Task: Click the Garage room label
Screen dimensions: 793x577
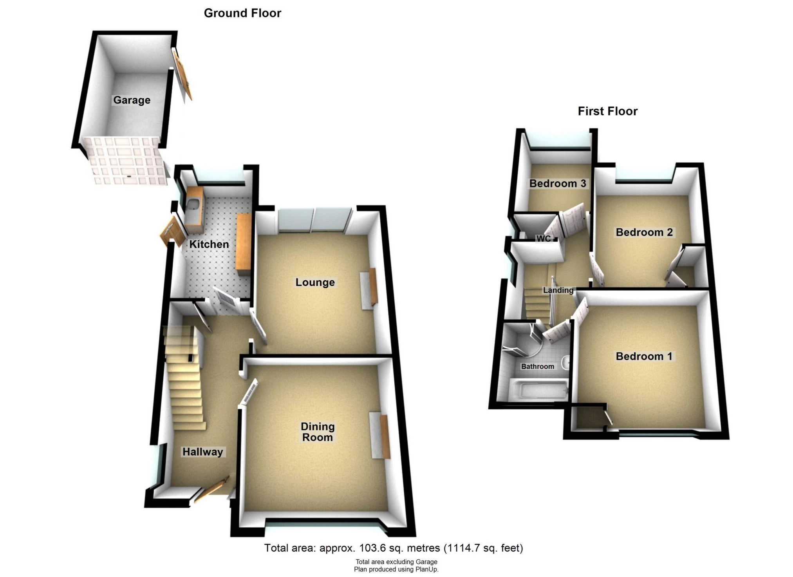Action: pos(132,100)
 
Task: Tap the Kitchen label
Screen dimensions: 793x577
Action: pos(209,244)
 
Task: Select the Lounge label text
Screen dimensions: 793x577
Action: pos(315,282)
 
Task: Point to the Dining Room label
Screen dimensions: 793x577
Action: pos(318,432)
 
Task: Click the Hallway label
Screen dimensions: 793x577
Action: pos(202,452)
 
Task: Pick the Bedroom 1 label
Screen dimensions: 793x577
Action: pos(644,356)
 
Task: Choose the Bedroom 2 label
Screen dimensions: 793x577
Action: pos(644,232)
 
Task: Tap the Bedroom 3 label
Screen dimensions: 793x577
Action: pos(558,183)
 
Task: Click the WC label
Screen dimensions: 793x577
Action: pos(543,239)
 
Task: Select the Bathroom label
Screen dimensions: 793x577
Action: pos(537,366)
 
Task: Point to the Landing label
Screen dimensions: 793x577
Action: pos(558,290)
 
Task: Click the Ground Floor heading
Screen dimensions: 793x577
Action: pos(242,13)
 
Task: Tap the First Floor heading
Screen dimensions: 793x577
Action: pos(607,111)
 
